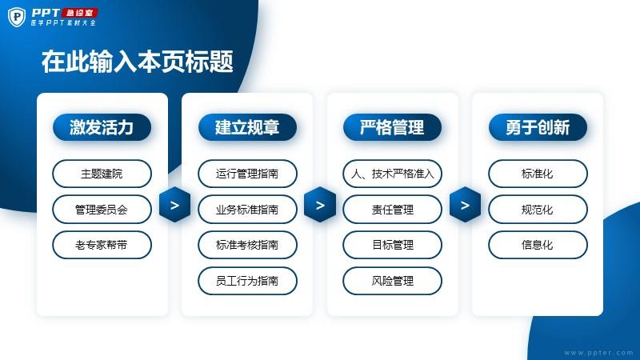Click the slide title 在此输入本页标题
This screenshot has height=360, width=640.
coord(137,62)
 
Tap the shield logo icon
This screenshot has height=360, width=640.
coord(17,17)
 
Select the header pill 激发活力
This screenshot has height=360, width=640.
coord(102,127)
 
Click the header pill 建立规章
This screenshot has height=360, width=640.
coord(247,127)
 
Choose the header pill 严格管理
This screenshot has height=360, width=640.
coord(392,127)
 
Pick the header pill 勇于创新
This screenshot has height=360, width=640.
coord(538,127)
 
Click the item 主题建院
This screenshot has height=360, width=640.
coord(102,174)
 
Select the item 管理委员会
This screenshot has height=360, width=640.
coord(102,210)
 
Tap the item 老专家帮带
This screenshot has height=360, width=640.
coord(102,245)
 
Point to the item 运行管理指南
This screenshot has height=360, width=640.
coord(247,174)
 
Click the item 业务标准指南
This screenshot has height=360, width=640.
coord(247,210)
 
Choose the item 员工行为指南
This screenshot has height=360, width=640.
coord(247,281)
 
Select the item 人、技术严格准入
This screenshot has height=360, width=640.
coord(392,174)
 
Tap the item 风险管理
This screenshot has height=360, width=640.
coord(392,281)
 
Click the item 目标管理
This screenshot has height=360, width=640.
coord(392,245)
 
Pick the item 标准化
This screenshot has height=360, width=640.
coord(538,174)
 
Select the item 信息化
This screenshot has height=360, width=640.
coord(538,245)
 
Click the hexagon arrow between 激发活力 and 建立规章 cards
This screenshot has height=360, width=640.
coord(174,205)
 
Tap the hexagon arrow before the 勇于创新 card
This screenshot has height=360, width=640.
coord(465,205)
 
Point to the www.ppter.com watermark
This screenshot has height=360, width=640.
coord(598,353)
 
